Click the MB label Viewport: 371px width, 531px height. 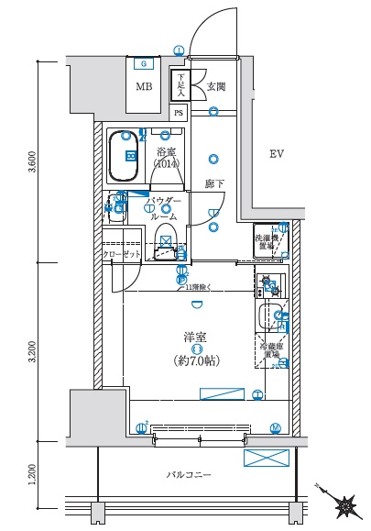tap(145, 88)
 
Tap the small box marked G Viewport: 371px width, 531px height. tap(144, 63)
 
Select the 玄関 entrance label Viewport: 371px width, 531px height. tap(216, 87)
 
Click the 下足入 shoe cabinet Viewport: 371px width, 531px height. tap(181, 85)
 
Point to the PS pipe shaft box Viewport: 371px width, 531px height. tap(180, 113)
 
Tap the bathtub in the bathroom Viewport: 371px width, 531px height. tap(123, 157)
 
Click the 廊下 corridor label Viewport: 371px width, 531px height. tap(214, 183)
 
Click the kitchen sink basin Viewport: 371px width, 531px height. tap(269, 319)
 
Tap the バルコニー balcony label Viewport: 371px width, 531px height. tap(189, 475)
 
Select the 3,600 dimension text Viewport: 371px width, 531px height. tap(33, 162)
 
